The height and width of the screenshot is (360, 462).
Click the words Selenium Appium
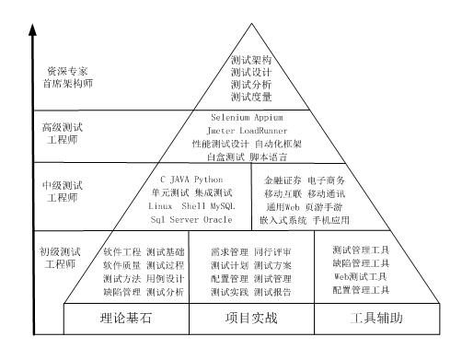(252, 118)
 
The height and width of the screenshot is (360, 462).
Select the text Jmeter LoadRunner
(252, 131)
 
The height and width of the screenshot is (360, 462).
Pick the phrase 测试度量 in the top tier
(250, 96)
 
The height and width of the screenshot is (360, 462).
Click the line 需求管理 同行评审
(250, 250)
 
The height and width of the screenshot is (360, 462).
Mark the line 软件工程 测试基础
(144, 250)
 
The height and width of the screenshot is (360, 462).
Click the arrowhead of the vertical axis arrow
(32, 30)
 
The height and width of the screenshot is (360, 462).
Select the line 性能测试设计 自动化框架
(252, 144)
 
